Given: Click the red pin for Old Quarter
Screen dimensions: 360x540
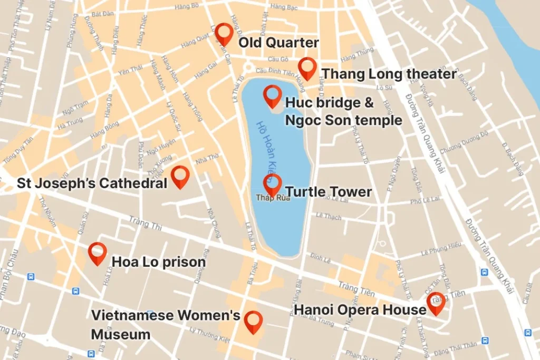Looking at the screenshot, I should (224, 34).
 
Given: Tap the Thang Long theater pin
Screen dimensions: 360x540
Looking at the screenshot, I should (307, 68).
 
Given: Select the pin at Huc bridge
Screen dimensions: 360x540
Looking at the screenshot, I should (273, 96).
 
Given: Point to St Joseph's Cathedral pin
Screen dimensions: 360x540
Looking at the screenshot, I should (180, 176).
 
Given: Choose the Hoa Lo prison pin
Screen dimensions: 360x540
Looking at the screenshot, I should (98, 253).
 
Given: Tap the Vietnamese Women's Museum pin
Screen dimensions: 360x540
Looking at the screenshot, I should (253, 322).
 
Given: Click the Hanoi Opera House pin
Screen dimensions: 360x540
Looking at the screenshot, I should (436, 303).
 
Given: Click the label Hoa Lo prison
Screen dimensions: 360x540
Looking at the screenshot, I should (158, 262).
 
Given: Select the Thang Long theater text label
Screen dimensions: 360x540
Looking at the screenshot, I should (389, 74).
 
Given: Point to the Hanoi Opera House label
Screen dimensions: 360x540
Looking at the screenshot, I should (360, 309).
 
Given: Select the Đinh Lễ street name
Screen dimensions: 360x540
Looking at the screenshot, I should (320, 257).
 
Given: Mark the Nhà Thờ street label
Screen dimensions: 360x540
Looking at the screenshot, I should (206, 158).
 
